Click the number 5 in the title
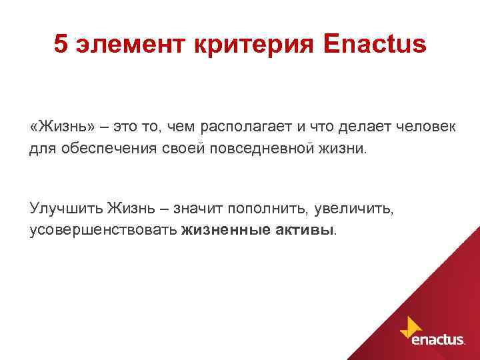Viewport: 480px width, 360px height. [61, 45]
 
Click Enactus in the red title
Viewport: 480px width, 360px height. [373, 45]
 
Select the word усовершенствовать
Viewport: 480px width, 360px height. [103, 230]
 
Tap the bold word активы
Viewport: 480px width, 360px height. [305, 230]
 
